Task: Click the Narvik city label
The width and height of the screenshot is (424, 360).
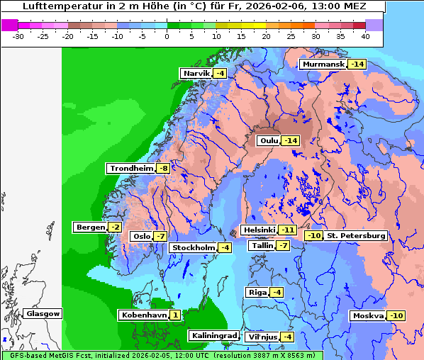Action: pyautogui.click(x=196, y=73)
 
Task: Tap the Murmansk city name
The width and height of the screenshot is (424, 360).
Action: pyautogui.click(x=323, y=64)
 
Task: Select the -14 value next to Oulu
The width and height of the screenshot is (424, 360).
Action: pyautogui.click(x=290, y=140)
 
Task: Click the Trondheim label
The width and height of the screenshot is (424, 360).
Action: pyautogui.click(x=131, y=168)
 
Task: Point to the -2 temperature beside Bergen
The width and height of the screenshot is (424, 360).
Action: pyautogui.click(x=115, y=227)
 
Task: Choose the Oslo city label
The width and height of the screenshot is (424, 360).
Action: pyautogui.click(x=142, y=236)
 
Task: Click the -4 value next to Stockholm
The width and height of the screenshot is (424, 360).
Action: pyautogui.click(x=225, y=247)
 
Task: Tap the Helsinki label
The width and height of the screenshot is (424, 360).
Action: pyautogui.click(x=259, y=230)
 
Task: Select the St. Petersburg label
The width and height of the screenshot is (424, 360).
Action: pyautogui.click(x=357, y=235)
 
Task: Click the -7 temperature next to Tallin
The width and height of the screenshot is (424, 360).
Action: pyautogui.click(x=283, y=245)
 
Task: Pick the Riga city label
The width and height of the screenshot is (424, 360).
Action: pyautogui.click(x=257, y=292)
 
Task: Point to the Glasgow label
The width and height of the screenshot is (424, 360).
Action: pyautogui.click(x=43, y=313)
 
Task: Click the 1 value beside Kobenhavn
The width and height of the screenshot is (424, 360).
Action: pyautogui.click(x=174, y=314)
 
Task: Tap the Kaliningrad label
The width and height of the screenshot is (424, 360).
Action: pyautogui.click(x=213, y=335)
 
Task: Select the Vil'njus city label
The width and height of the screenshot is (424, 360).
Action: pyautogui.click(x=262, y=337)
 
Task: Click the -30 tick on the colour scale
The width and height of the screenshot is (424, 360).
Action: pyautogui.click(x=19, y=36)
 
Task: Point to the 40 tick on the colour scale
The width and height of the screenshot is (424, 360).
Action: pyautogui.click(x=365, y=36)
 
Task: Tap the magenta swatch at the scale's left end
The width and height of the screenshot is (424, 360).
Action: pyautogui.click(x=9, y=25)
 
